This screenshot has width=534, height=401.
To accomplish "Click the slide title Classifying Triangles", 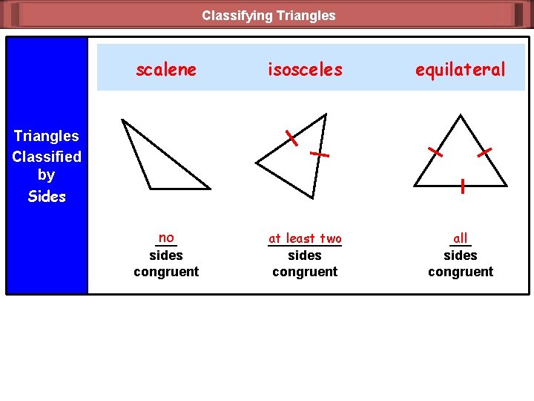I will (x=268, y=15).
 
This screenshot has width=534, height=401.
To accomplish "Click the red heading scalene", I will (x=166, y=70).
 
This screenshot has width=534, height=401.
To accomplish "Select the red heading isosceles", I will (x=305, y=70).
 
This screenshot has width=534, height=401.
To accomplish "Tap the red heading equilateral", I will (x=460, y=70).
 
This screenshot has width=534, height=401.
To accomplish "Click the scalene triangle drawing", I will (x=159, y=160).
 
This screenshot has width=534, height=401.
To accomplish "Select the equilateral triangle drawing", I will (x=461, y=160).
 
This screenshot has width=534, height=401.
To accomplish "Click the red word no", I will (x=166, y=238).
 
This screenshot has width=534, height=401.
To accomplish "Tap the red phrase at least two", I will (x=305, y=238).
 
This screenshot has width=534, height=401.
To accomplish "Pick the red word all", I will (x=461, y=238).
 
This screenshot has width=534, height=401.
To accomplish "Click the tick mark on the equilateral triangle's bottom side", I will (x=462, y=186).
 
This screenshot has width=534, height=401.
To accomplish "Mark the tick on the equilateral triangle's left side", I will (x=435, y=152).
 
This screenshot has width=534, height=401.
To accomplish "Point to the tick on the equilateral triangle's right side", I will (x=485, y=151).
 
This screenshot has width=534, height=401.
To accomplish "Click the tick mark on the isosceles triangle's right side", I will (x=319, y=154).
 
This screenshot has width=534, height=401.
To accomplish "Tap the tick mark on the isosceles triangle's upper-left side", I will (x=292, y=137).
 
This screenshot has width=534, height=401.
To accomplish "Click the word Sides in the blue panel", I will (x=47, y=197).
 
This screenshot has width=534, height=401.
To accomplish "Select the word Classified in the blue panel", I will (x=47, y=157).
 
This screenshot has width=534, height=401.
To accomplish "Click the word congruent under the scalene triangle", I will (x=166, y=272).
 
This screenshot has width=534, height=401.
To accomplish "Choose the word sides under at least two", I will (x=305, y=255).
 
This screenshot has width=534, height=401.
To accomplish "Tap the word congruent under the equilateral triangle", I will (x=461, y=272).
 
